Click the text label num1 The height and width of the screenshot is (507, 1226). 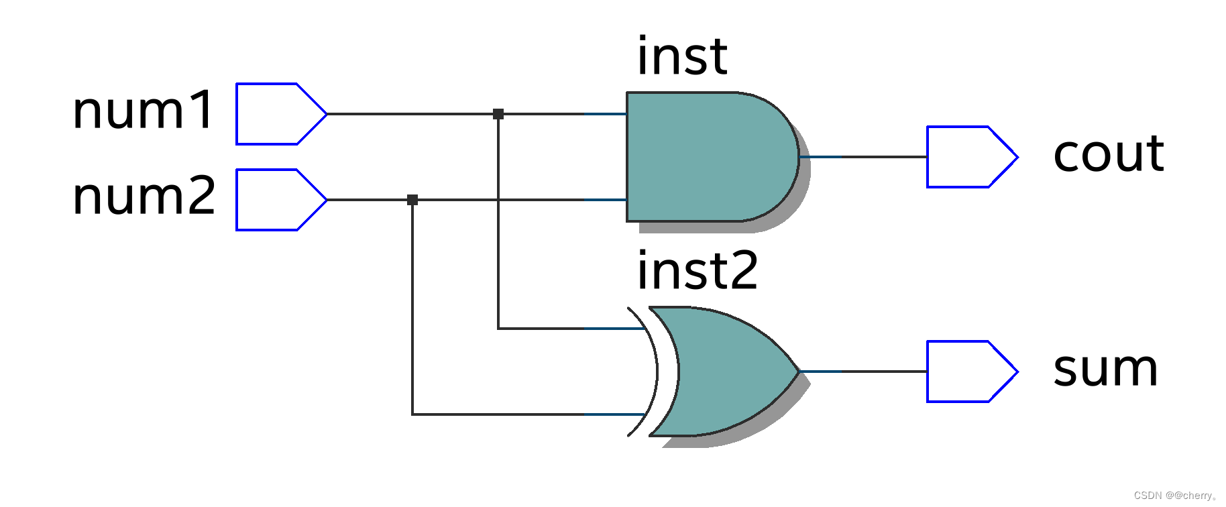[143, 111]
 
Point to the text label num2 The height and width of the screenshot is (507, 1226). [144, 196]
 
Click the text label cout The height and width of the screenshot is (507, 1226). [1109, 154]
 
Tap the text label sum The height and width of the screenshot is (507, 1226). [1105, 369]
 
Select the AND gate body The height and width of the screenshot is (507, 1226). [704, 157]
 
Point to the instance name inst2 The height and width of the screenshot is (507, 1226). [698, 270]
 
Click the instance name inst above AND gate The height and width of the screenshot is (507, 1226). [682, 56]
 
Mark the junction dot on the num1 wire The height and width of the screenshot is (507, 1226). [498, 114]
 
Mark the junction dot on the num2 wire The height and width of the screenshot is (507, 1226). [412, 200]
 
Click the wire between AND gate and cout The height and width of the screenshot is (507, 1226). [865, 157]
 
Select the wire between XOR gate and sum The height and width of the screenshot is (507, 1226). [865, 372]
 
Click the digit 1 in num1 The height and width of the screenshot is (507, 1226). [201, 110]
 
